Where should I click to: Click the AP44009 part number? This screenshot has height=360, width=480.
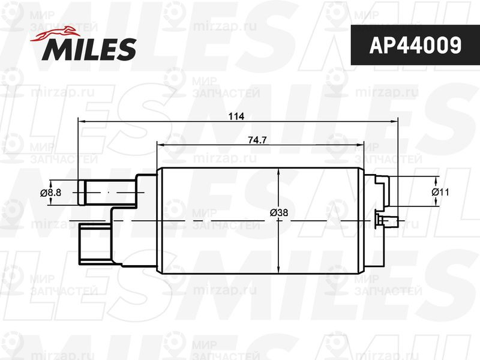coord(415,46)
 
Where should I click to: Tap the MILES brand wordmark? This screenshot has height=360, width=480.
coord(89,49)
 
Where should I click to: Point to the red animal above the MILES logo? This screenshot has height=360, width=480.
coord(55,34)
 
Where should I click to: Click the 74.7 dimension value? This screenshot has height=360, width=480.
coord(257,140)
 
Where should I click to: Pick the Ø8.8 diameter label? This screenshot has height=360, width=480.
coord(50,193)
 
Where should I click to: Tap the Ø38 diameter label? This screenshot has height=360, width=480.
coord(279,212)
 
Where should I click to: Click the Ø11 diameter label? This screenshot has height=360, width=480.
coord(440,192)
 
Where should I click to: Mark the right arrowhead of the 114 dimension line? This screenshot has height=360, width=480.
coord(394,122)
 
